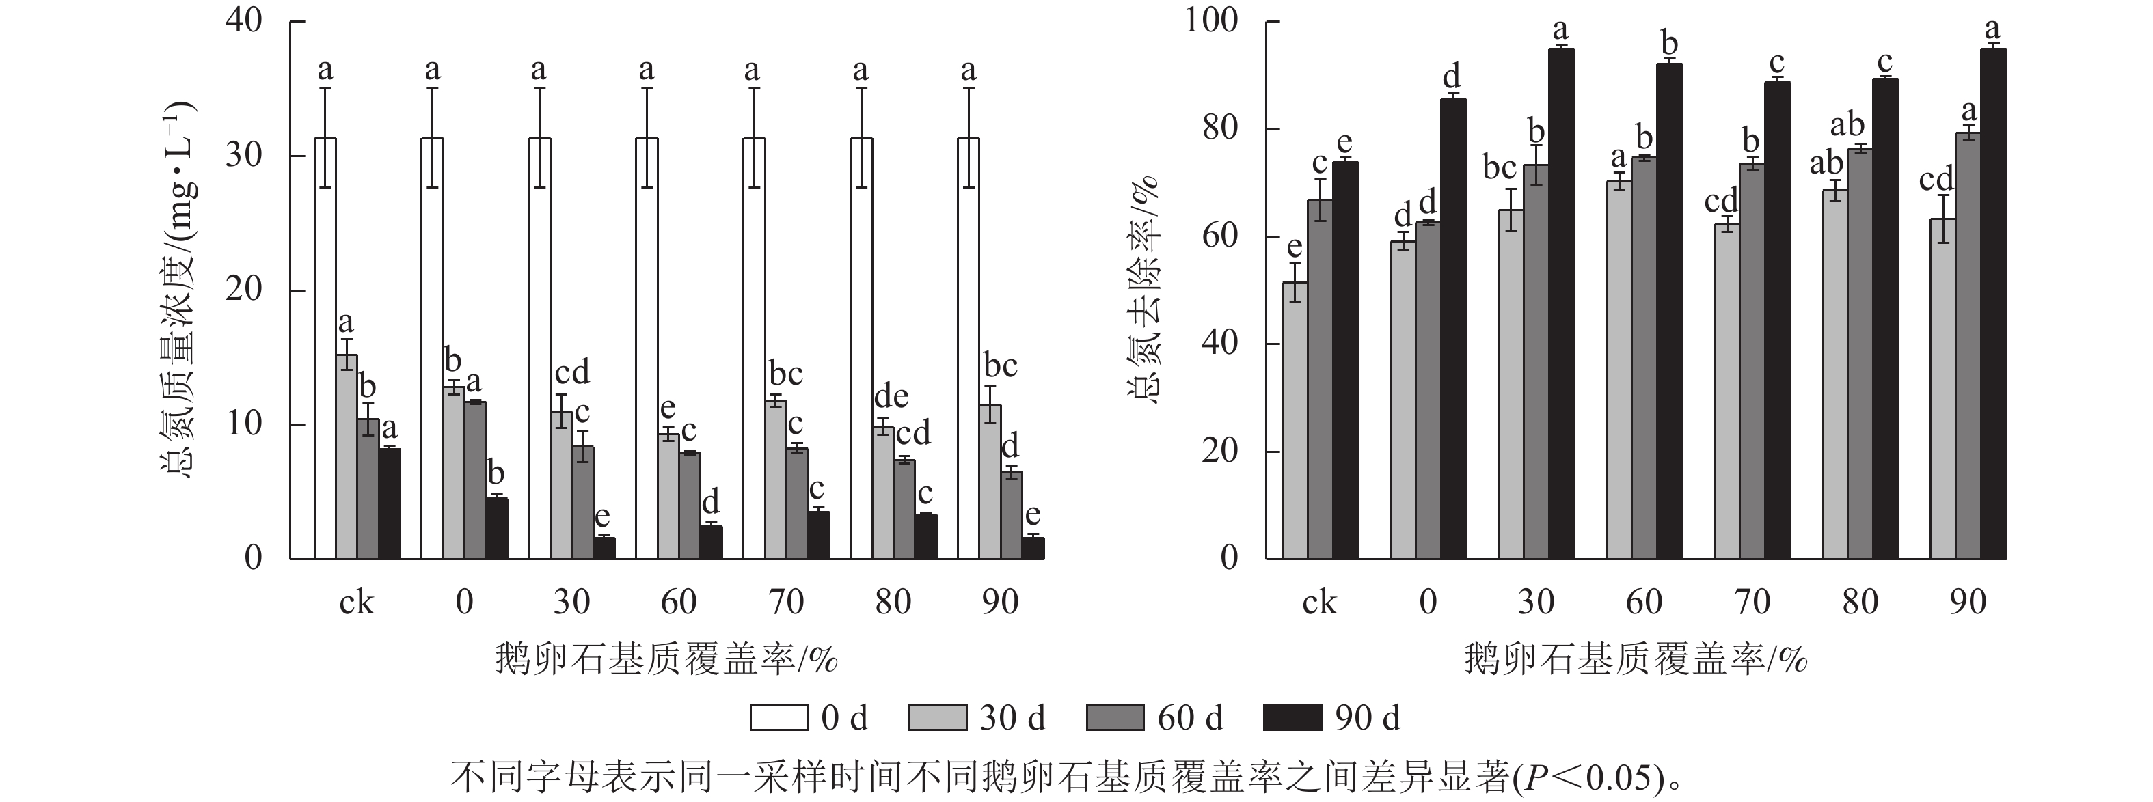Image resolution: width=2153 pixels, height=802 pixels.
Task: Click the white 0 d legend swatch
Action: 779,717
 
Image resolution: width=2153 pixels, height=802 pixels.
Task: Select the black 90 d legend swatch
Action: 1292,717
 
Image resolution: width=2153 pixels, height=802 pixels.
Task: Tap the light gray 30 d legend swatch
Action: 937,717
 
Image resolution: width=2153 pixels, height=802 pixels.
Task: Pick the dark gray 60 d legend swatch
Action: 1115,717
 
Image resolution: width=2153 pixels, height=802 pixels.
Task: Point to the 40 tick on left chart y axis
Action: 244,21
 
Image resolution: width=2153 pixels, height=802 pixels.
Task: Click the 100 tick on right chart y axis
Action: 1211,21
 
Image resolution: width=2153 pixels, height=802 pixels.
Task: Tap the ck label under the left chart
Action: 357,603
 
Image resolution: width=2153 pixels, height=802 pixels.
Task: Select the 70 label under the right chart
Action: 1752,603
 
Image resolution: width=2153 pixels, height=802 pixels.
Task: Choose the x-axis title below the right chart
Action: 1636,660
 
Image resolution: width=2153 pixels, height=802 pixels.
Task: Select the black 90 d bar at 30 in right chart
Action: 1560,303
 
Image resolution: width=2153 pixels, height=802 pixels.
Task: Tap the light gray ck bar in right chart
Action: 1295,420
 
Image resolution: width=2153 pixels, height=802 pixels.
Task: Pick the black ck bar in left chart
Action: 390,503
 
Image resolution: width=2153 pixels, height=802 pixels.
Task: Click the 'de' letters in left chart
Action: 891,396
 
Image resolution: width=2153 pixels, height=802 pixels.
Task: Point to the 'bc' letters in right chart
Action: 1500,168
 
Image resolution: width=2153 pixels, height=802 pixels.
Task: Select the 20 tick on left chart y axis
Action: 244,290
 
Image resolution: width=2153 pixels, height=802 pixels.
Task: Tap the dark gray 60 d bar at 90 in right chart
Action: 1968,345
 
